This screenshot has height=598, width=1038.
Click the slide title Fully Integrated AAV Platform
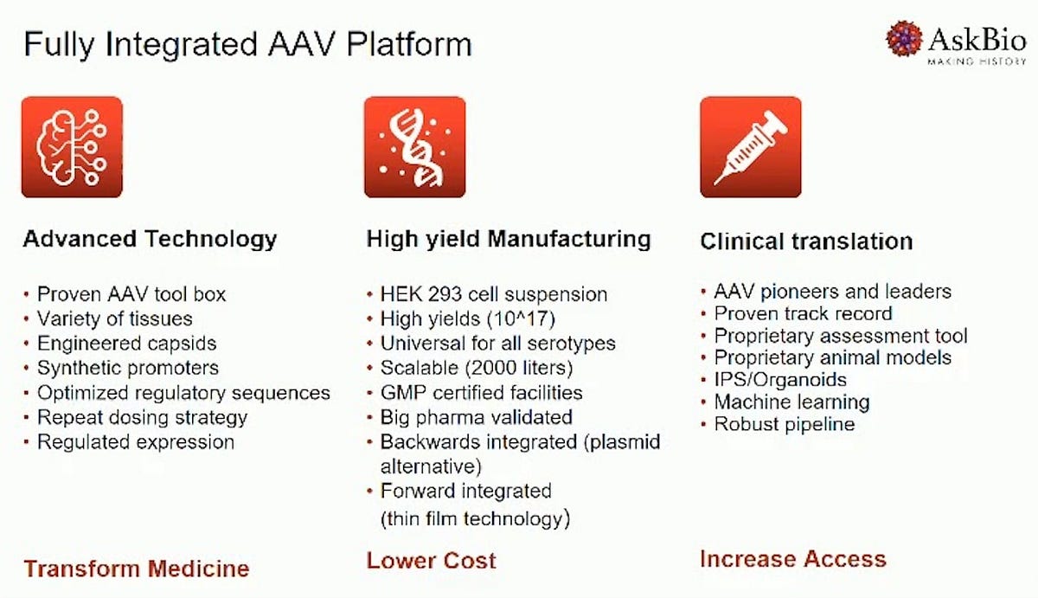[247, 45]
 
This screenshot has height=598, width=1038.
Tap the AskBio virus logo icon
[904, 38]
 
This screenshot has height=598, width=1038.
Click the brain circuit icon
[72, 147]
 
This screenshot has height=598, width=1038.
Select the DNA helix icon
[414, 147]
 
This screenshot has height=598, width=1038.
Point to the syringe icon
[751, 147]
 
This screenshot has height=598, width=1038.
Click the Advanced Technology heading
[150, 240]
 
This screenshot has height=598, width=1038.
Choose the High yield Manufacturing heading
[509, 240]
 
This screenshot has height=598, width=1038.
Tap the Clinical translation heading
[806, 241]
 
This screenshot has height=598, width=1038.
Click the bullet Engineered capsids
[126, 344]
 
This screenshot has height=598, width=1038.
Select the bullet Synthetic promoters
[127, 368]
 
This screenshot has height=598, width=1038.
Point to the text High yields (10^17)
[468, 319]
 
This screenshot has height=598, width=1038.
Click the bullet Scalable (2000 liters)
[477, 368]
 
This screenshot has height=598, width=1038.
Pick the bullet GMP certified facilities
[481, 393]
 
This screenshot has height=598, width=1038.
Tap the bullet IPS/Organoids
[780, 380]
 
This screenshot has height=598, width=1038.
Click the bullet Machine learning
[792, 402]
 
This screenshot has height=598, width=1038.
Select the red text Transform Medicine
[137, 569]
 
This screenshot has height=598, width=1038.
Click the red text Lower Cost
[431, 561]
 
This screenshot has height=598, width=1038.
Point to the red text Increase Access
[793, 559]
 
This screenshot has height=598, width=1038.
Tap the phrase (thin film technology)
[475, 518]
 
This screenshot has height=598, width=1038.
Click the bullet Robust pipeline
[784, 424]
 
